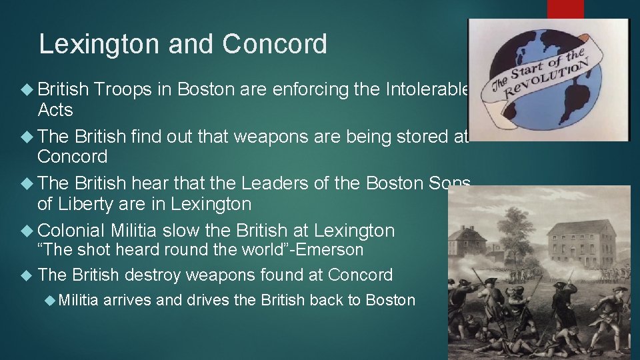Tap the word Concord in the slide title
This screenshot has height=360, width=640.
[x=275, y=44]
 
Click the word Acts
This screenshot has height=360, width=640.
[x=55, y=109]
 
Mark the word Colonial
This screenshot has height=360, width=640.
[x=71, y=231]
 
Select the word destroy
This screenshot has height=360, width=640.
[x=150, y=275]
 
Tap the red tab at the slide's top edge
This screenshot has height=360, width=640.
[x=565, y=9]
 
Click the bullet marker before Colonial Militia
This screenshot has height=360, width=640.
[x=28, y=231]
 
